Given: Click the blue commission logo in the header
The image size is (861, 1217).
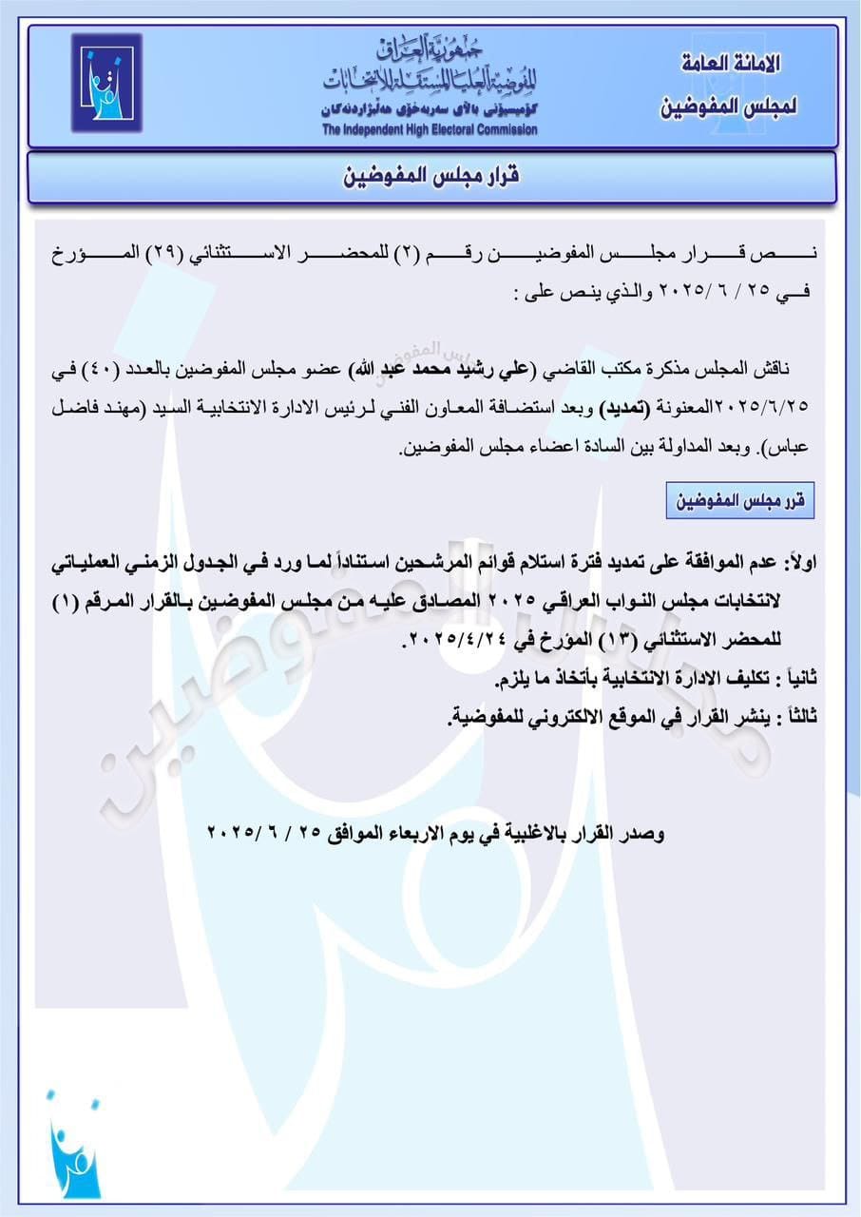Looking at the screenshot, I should point(105,84).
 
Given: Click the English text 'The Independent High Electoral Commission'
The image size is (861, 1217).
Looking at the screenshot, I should point(430,130).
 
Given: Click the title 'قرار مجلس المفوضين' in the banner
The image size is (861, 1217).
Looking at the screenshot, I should point(430,177).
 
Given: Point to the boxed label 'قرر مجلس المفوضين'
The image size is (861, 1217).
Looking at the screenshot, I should point(740,502).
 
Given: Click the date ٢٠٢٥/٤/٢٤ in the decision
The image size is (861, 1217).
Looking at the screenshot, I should point(449,642).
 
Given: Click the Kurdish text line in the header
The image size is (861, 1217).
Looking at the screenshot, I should point(430,109).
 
